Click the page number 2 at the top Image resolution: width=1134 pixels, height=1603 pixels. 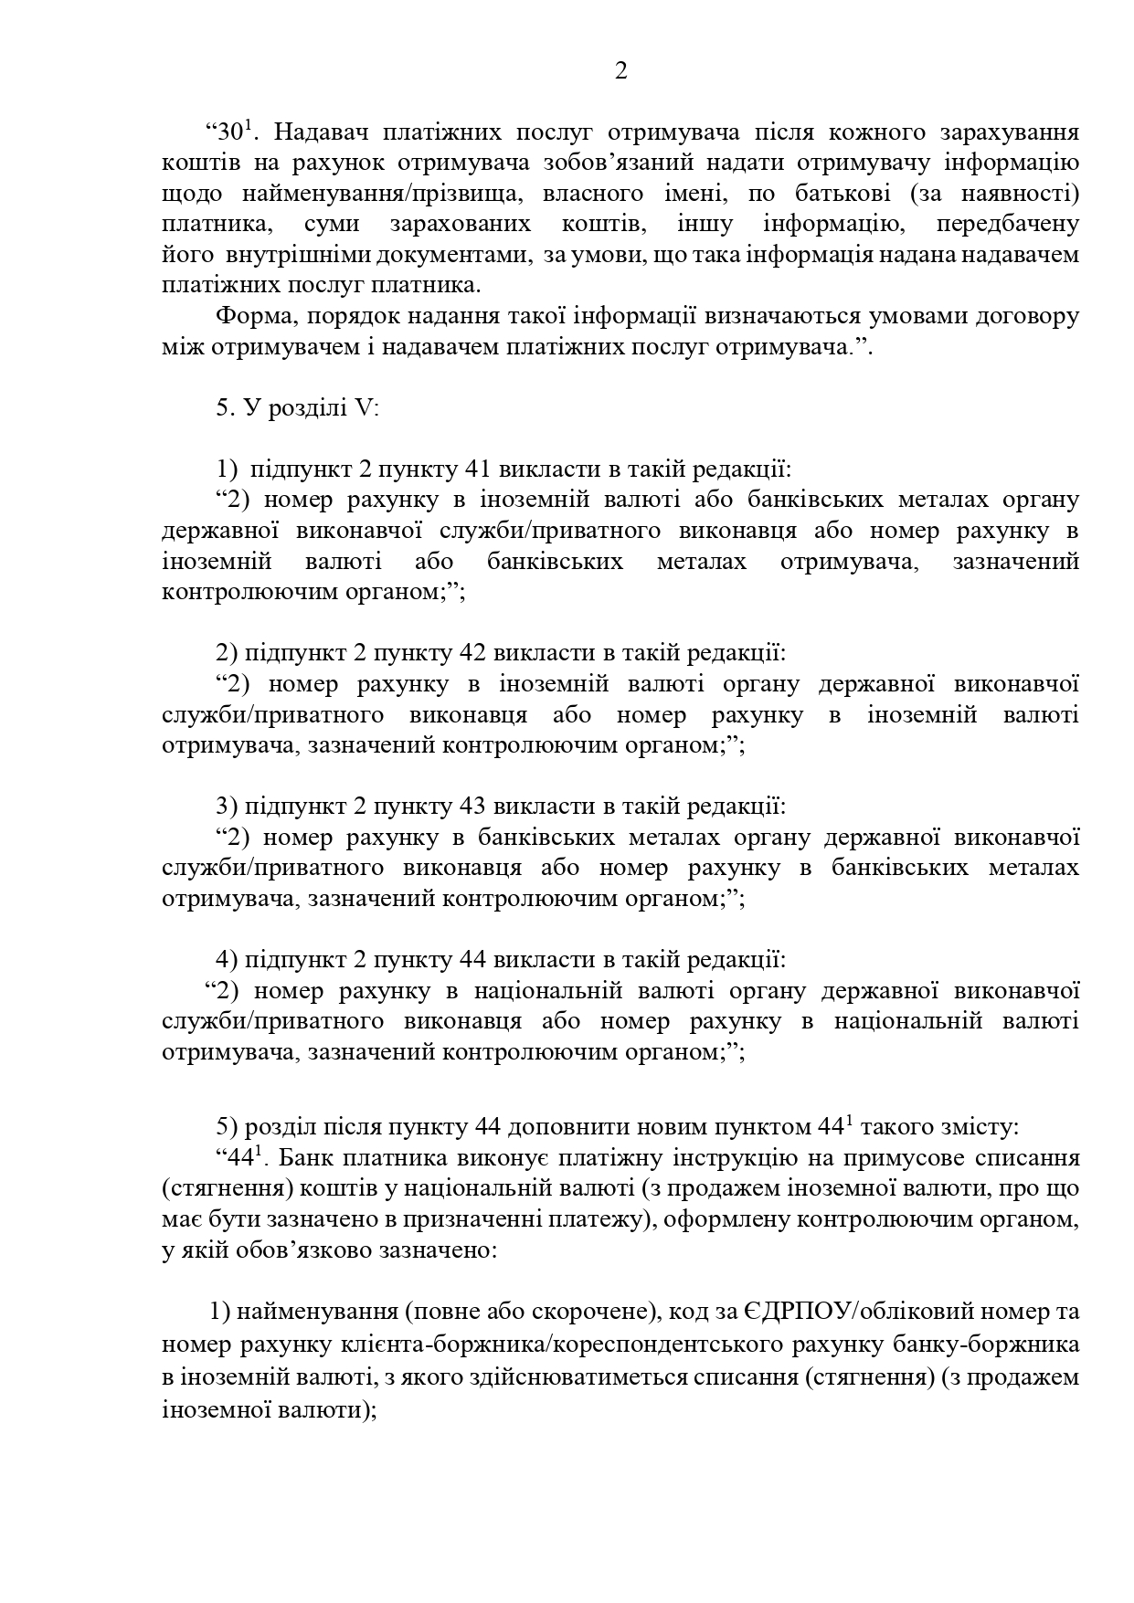621,71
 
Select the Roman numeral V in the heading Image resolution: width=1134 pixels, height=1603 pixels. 364,408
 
